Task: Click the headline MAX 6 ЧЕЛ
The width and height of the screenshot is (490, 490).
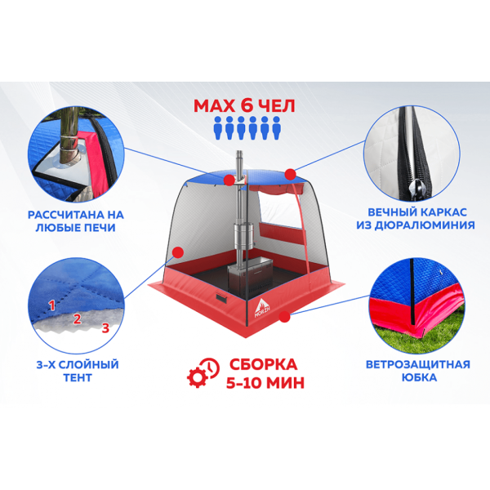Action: click(x=244, y=106)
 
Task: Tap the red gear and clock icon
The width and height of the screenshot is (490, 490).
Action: click(x=203, y=373)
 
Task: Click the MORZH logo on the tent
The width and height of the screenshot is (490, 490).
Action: click(x=262, y=309)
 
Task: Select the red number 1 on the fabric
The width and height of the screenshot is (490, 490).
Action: click(x=52, y=305)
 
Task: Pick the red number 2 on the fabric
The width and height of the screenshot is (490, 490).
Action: click(x=78, y=318)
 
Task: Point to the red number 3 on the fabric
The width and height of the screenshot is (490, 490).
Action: click(x=105, y=327)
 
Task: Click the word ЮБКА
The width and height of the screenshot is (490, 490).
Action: click(x=419, y=377)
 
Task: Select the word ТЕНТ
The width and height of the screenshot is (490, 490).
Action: click(x=78, y=377)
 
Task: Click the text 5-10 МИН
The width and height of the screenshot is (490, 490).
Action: click(x=265, y=383)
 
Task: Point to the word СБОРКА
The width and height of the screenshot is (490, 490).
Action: click(x=263, y=364)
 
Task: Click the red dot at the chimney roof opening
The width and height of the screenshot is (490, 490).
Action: click(x=229, y=180)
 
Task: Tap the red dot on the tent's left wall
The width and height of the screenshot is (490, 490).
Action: click(x=178, y=252)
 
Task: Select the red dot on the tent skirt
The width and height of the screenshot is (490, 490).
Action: click(x=284, y=317)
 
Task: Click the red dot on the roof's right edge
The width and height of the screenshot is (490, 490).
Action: click(x=290, y=175)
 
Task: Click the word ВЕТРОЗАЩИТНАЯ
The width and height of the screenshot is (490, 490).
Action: click(x=418, y=364)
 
